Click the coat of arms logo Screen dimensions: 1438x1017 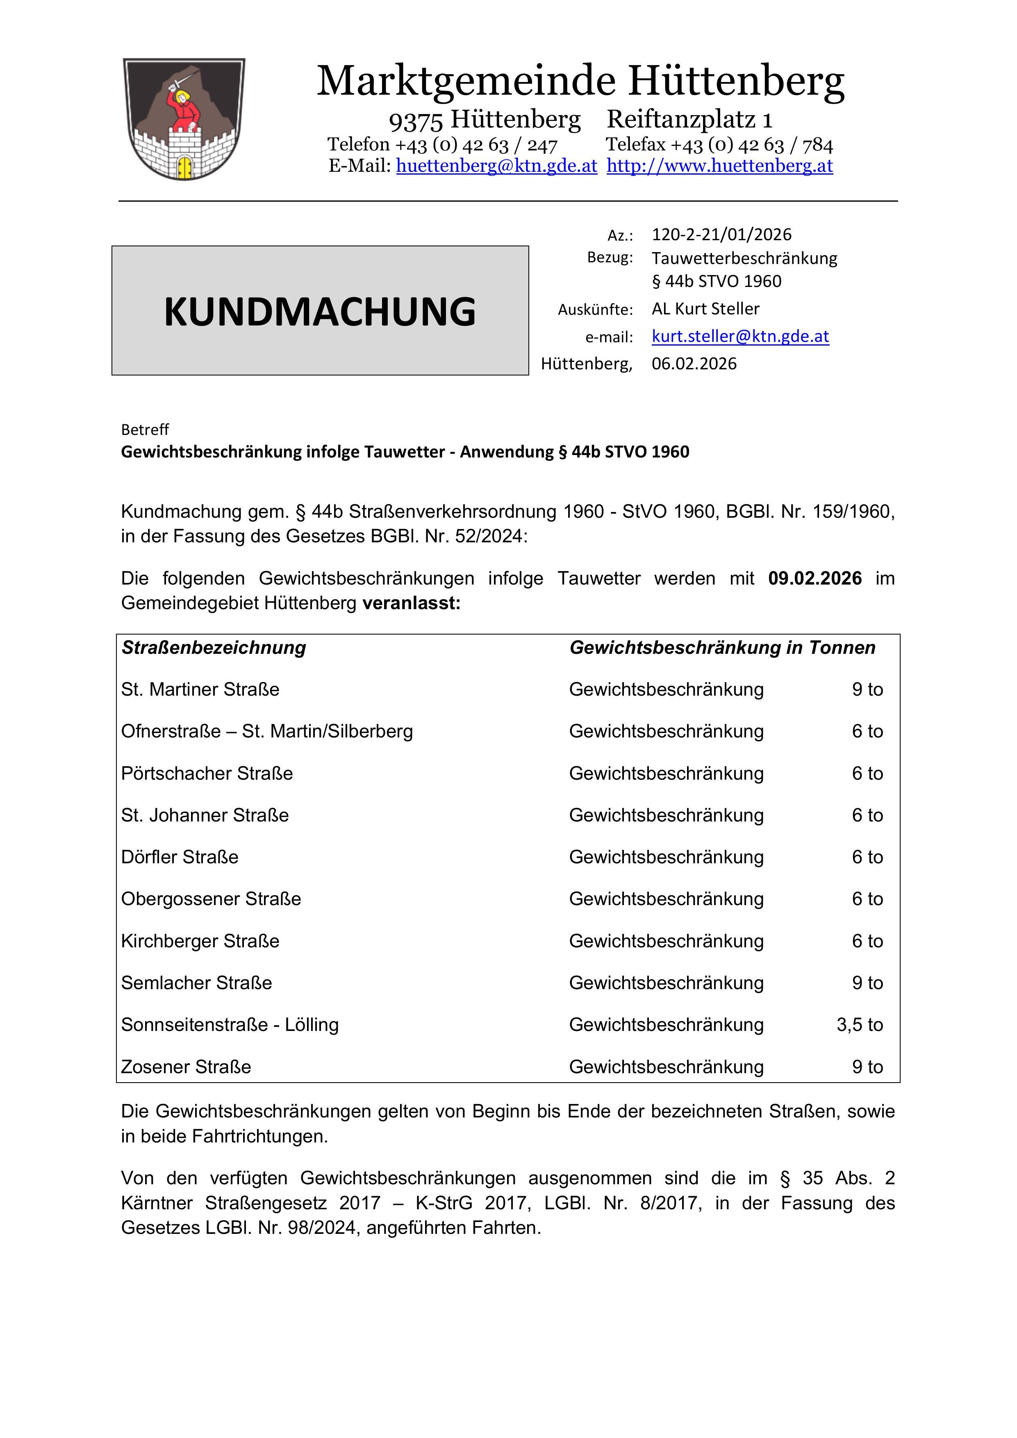click(x=184, y=119)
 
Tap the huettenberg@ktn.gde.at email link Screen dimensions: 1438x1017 click(x=496, y=166)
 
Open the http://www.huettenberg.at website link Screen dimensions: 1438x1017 click(x=719, y=166)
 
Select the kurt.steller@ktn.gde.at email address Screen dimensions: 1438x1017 click(x=740, y=336)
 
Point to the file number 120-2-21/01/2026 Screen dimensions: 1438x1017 click(x=721, y=234)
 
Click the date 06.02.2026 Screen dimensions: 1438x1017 click(x=694, y=364)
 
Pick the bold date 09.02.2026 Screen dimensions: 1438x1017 click(x=815, y=578)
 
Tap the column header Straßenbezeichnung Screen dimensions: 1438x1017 click(x=214, y=648)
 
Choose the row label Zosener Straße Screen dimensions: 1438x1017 click(x=186, y=1067)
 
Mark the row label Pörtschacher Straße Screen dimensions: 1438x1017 click(x=207, y=774)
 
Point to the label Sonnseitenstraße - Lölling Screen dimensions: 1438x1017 click(x=230, y=1025)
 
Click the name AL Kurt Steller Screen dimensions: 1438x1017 click(x=705, y=309)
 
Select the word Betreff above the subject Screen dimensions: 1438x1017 click(x=145, y=430)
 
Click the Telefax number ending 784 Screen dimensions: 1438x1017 click(x=719, y=145)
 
